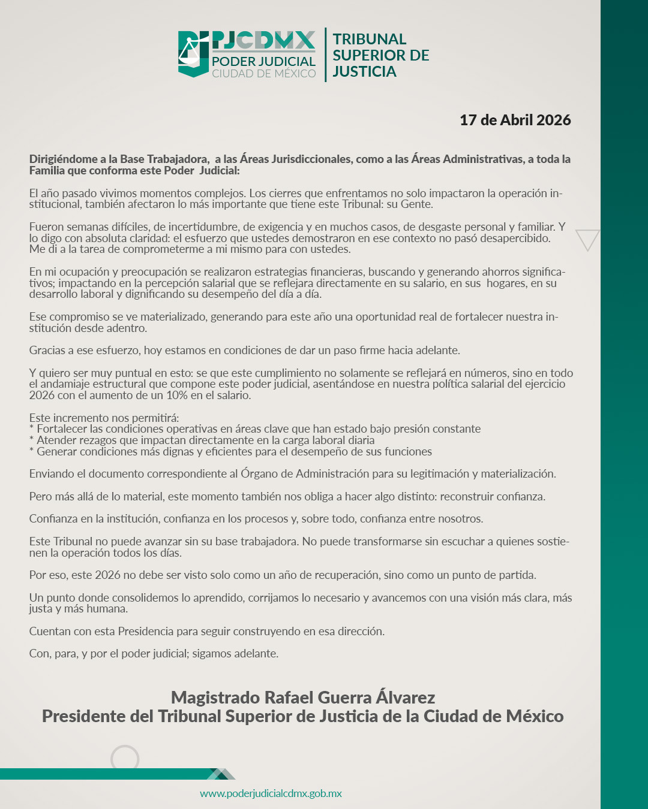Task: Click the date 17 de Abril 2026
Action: [515, 120]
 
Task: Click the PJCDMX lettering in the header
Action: [263, 41]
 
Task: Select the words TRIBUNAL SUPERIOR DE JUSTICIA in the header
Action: [380, 55]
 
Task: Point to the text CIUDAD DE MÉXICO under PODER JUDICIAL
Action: [263, 74]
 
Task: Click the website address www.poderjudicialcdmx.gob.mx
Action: [271, 793]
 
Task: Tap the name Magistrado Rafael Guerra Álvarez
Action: [302, 698]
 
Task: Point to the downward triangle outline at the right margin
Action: [587, 239]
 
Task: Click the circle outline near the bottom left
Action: [125, 759]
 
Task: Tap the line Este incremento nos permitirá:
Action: [104, 418]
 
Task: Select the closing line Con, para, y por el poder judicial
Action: [154, 654]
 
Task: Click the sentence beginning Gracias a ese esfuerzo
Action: [244, 351]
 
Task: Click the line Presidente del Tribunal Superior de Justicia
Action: [302, 717]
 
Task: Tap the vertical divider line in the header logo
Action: [326, 55]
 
